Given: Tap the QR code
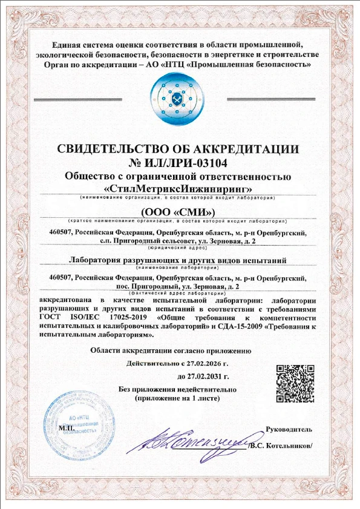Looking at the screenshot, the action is (291, 383).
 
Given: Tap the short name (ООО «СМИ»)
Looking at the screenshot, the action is (178, 212).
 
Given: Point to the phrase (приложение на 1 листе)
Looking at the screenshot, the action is (178, 400).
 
